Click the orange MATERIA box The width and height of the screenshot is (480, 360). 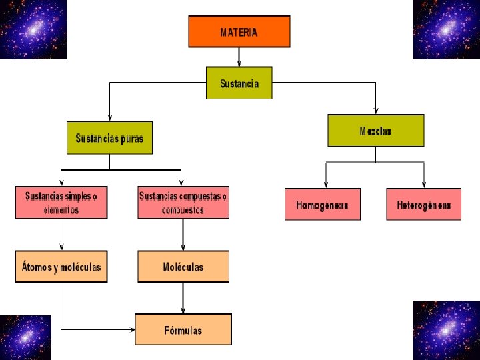click(x=239, y=31)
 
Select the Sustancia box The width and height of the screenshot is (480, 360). click(x=239, y=83)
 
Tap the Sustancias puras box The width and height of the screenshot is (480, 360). click(x=109, y=138)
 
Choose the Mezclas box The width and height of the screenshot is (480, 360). click(x=375, y=131)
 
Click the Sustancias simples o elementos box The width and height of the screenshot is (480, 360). click(x=61, y=203)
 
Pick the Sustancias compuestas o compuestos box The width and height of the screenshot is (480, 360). click(x=183, y=203)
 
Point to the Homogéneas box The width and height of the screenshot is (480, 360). click(x=322, y=205)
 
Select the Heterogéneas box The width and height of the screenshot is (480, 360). click(x=423, y=205)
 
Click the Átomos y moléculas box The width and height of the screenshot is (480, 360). click(x=61, y=267)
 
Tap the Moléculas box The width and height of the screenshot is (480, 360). click(x=183, y=267)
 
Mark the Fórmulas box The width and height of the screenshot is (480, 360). click(x=183, y=330)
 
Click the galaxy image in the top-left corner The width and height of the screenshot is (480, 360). click(x=33, y=29)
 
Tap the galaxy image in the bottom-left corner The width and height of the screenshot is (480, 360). click(x=25, y=337)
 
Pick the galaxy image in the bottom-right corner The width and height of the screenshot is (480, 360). click(x=446, y=330)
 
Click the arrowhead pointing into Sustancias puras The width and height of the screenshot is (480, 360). click(x=109, y=117)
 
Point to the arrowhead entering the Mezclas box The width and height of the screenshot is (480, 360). click(x=375, y=111)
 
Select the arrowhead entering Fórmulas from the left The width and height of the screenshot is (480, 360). click(x=131, y=329)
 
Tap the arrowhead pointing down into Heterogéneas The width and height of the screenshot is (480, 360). click(x=424, y=185)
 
